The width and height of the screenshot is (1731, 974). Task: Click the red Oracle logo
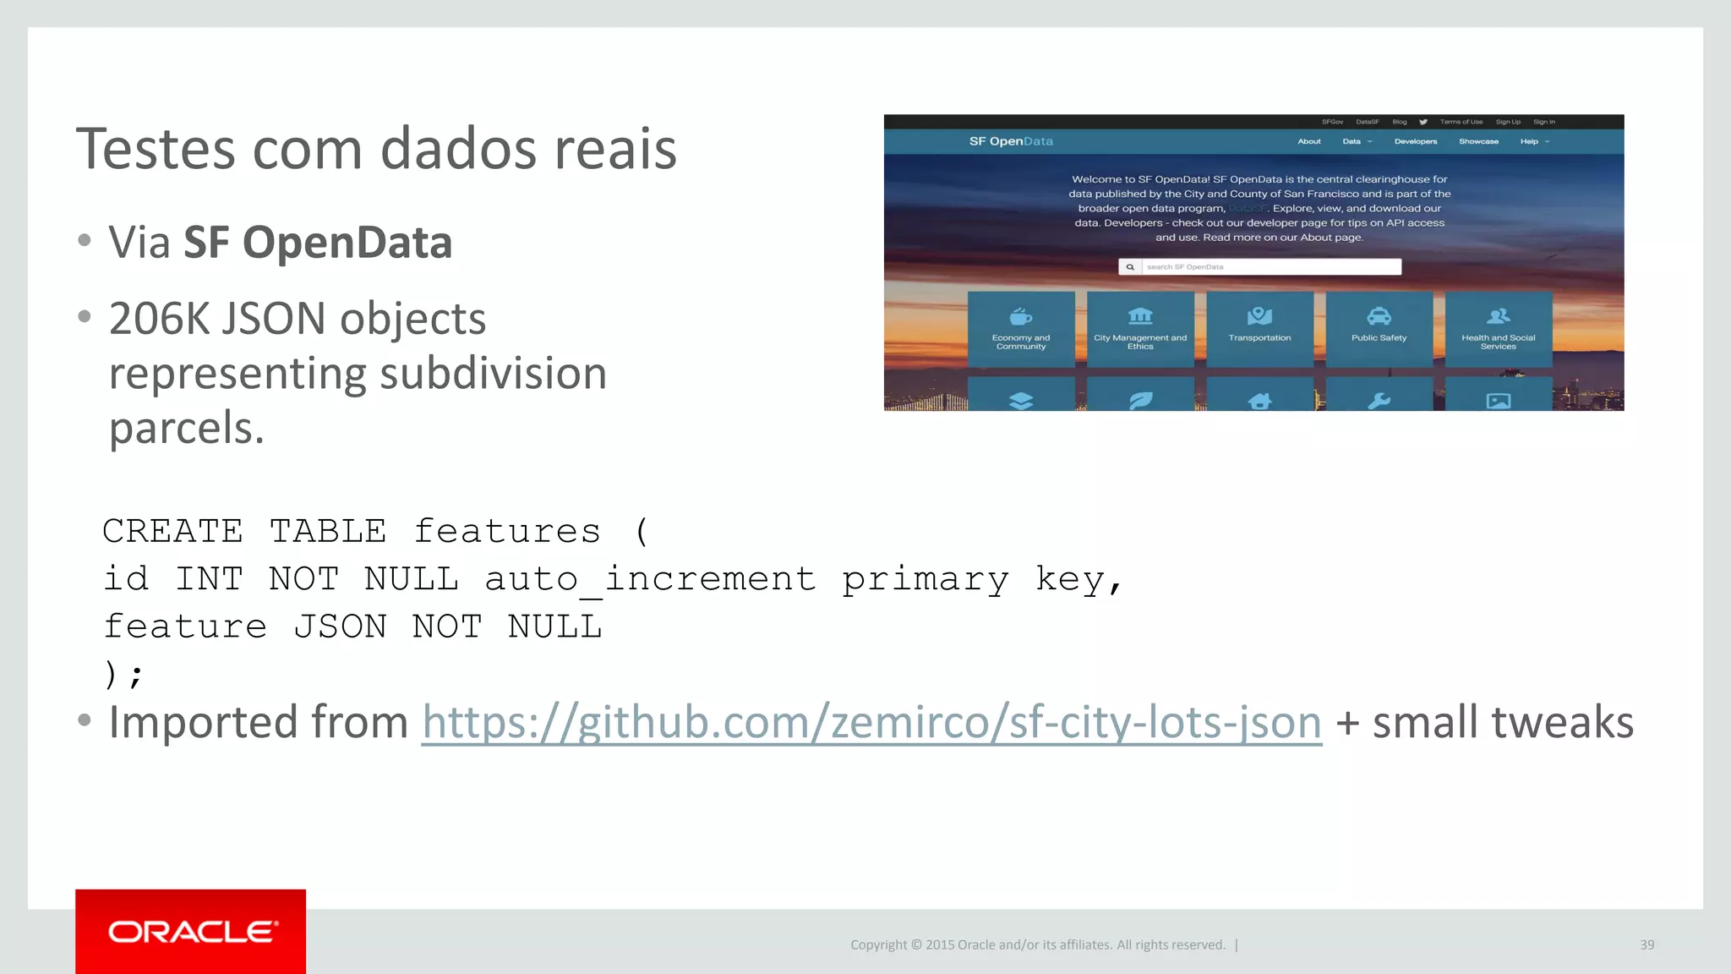coord(191,931)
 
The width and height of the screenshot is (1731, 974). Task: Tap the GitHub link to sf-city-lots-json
coord(871,723)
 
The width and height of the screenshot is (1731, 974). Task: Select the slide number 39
coord(1646,944)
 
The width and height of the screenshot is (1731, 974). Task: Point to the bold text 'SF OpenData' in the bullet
coord(318,243)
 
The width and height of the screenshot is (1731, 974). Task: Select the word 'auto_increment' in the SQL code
coord(650,579)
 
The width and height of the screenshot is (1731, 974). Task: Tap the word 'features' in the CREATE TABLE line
coord(507,532)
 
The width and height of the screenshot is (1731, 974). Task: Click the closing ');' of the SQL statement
coord(123,674)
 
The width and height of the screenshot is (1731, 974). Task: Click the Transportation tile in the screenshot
coord(1259,328)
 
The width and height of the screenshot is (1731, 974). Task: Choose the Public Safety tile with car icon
coord(1379,328)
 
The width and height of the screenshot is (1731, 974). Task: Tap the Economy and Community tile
coord(1021,328)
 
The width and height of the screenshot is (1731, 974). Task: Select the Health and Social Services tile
coord(1498,328)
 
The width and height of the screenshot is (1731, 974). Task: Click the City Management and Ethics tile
coord(1140,328)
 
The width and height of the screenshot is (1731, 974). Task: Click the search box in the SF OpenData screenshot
coord(1270,267)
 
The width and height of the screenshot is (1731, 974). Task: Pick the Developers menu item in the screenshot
coord(1416,141)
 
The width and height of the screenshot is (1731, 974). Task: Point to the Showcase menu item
coord(1478,141)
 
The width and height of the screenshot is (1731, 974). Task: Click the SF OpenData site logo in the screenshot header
coord(1011,141)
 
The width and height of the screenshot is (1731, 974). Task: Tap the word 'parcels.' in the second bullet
coord(187,428)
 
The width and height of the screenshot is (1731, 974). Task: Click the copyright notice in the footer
coord(1037,944)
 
